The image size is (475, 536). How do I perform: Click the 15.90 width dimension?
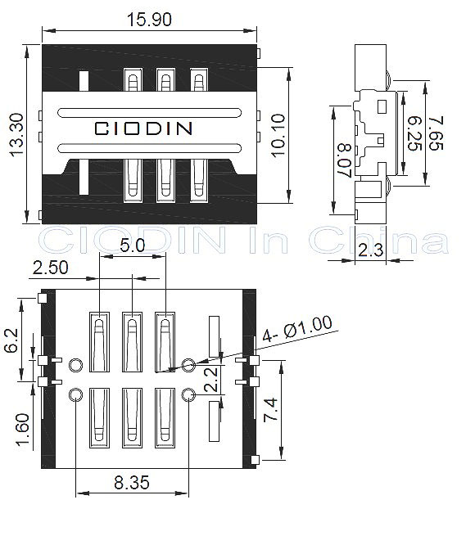pos(149,20)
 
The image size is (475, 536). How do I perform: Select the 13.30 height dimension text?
pos(16,135)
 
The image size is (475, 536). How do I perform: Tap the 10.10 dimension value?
pos(278,135)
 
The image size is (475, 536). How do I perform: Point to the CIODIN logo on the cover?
pos(143,128)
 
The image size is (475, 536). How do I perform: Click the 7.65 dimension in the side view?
pos(437,133)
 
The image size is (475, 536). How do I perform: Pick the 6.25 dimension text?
pos(415,133)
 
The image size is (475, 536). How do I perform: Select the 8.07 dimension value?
pos(345,160)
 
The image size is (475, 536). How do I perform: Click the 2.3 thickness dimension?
pos(371,250)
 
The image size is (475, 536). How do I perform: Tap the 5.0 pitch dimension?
pos(133,245)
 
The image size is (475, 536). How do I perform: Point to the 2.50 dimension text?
pos(50,268)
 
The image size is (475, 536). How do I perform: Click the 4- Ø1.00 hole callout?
pos(297,328)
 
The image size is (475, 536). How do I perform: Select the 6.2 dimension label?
pos(11,340)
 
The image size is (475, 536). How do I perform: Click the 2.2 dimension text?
pos(211,380)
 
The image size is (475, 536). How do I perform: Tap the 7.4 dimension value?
pos(270,410)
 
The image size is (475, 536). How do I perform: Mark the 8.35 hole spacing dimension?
pos(132,482)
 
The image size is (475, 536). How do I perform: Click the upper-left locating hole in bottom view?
pos(75,365)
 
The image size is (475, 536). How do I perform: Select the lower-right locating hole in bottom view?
pos(188,395)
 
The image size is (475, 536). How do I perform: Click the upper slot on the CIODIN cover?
pos(150,112)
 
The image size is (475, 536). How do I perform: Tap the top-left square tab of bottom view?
pos(42,298)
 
